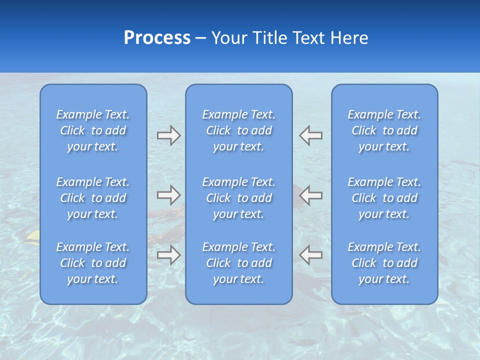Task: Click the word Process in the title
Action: [157, 38]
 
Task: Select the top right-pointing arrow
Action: [168, 135]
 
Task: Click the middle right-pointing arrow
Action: [168, 195]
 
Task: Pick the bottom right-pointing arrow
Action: [168, 255]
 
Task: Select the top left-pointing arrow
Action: [311, 135]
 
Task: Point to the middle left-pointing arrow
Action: [311, 195]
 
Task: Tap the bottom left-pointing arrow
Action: [311, 255]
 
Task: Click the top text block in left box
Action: [93, 130]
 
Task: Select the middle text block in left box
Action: [93, 198]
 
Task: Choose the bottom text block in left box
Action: [93, 263]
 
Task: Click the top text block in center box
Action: [239, 130]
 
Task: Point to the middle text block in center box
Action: [239, 198]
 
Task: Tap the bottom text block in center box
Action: [239, 263]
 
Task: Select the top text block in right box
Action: [384, 130]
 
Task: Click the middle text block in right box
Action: [384, 198]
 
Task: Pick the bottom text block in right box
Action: [384, 263]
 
